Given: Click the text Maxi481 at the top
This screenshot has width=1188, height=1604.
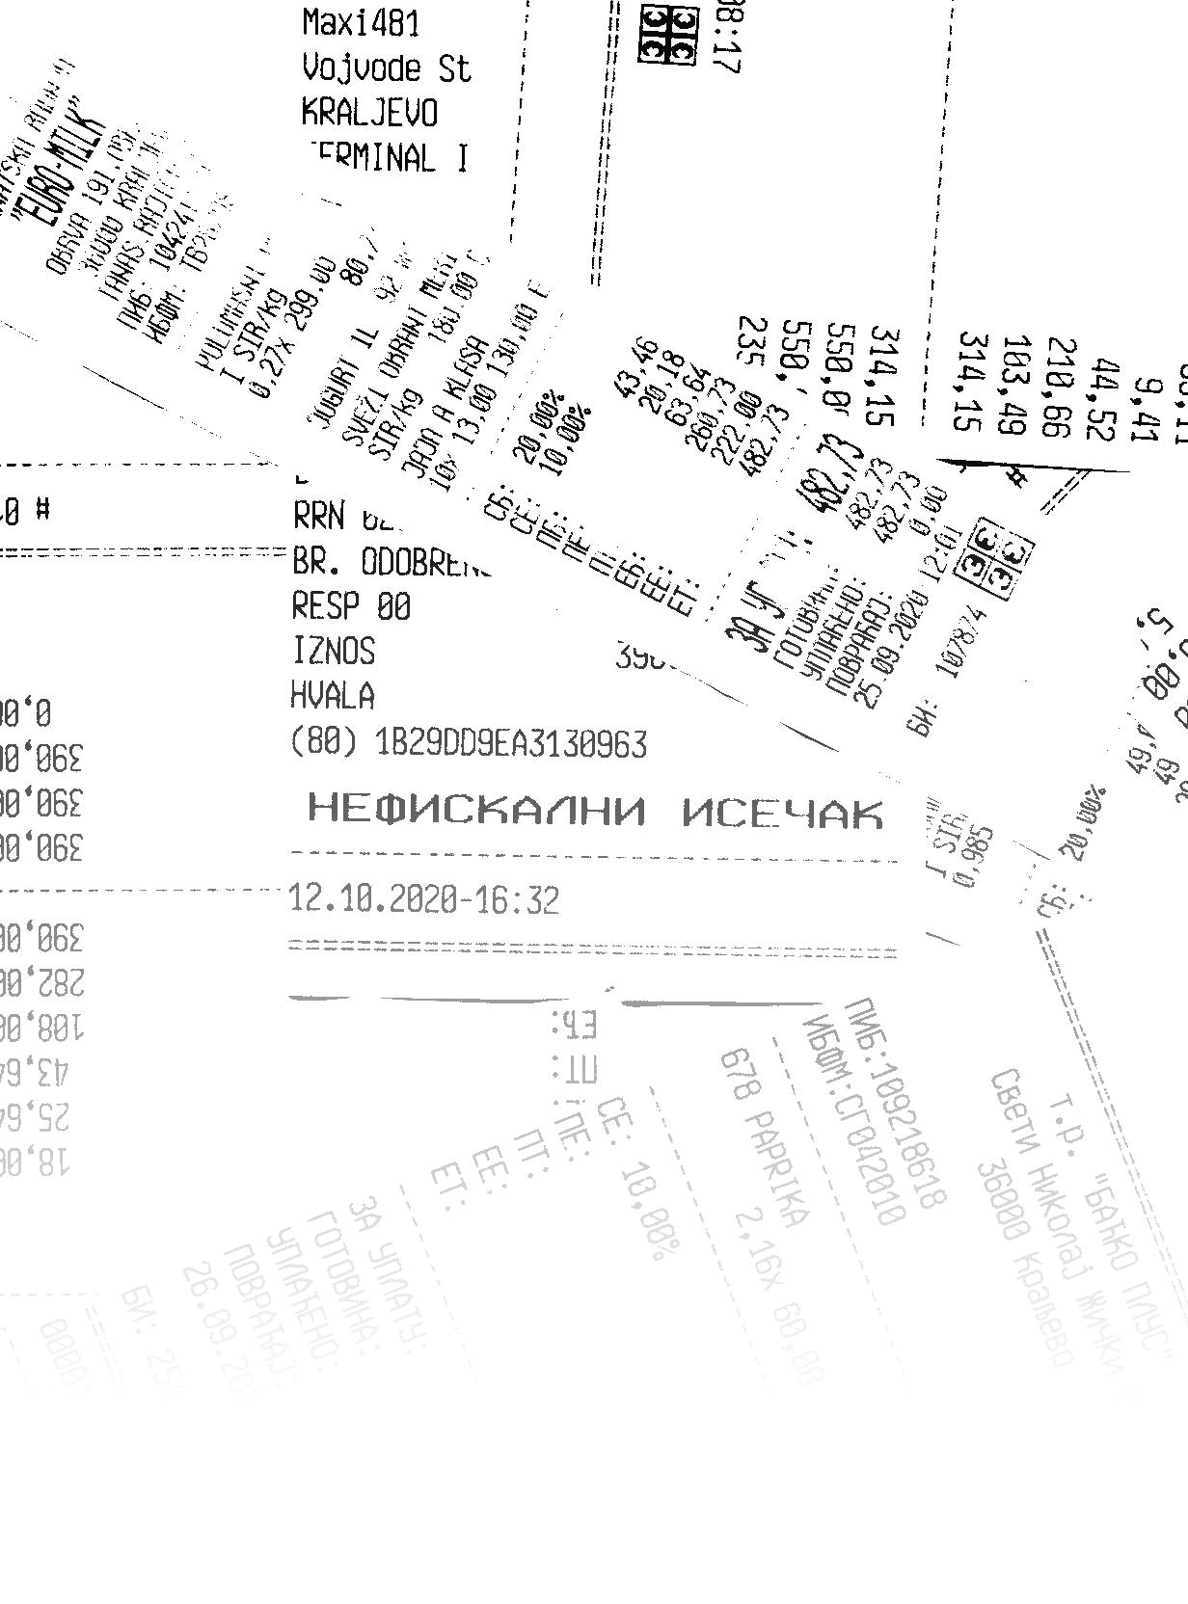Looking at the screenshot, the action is coord(361,23).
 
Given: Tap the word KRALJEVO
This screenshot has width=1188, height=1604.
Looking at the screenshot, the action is coord(369,113).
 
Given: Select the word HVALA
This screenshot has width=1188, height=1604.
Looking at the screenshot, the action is coord(333,695).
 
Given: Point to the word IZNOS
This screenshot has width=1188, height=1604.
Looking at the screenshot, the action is coord(333,651).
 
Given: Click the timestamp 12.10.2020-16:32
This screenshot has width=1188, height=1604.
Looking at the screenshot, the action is coord(423,900).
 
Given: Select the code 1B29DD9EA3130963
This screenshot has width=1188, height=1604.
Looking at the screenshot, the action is coord(511,744).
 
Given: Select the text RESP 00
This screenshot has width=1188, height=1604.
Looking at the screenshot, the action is coord(351,606).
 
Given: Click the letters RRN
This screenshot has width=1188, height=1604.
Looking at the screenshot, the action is coord(318,517).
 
